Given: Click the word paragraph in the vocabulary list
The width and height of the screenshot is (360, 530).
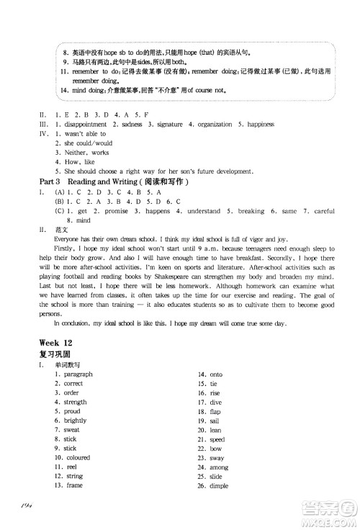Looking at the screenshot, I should pyautogui.click(x=78, y=374).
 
